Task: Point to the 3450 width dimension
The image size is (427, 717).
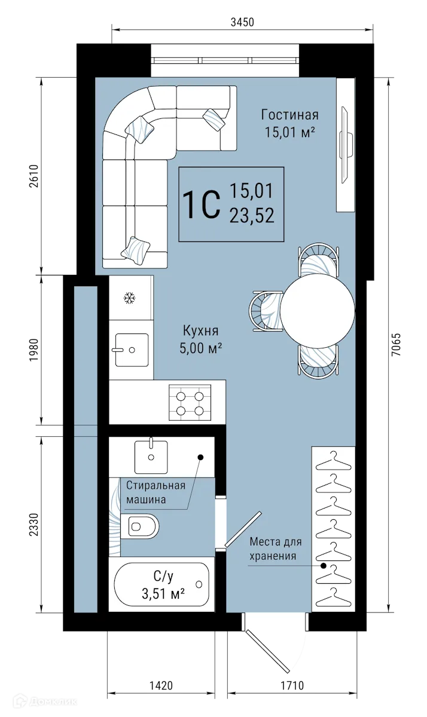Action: pyautogui.click(x=242, y=23)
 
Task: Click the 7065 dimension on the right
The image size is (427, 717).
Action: pyautogui.click(x=394, y=344)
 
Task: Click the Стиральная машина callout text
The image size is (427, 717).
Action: pyautogui.click(x=154, y=493)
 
